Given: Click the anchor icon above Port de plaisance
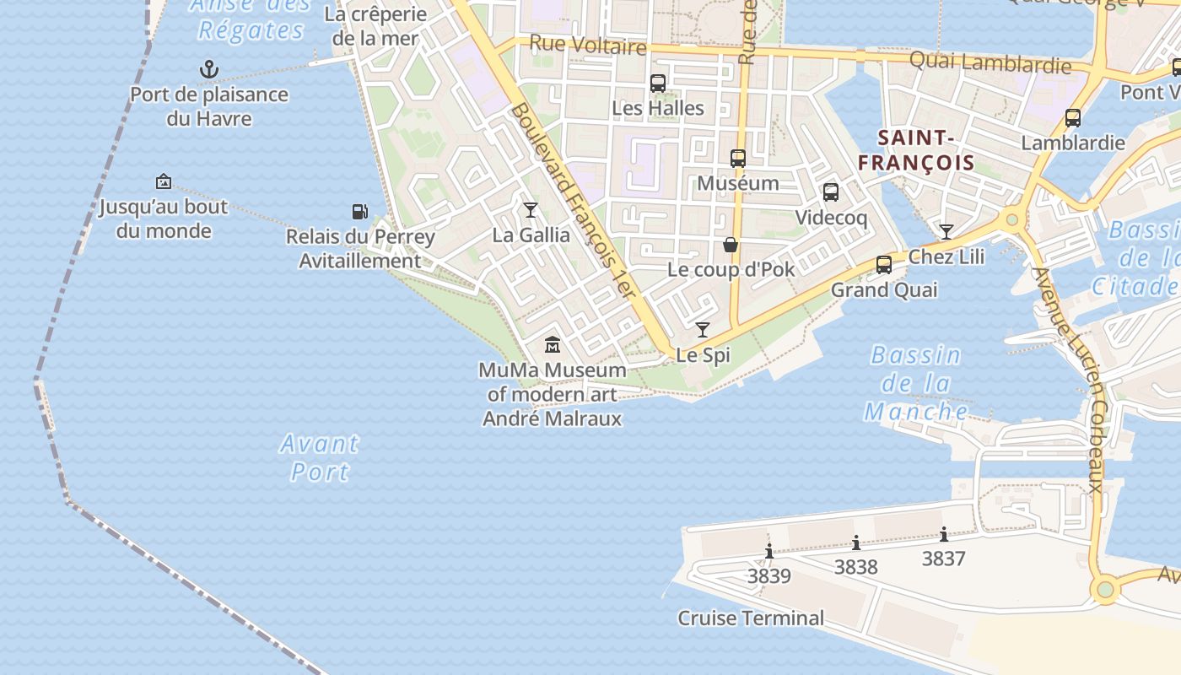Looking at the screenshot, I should coord(208,68).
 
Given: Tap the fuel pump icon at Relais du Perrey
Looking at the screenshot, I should coord(359,211).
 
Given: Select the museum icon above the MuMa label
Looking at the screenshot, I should coord(553,344).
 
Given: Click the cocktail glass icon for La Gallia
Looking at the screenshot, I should coord(531,209).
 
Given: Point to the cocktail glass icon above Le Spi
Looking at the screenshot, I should coord(703,329).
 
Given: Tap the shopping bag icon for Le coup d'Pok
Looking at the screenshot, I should coord(731,245).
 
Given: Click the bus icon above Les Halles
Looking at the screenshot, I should coord(658,84).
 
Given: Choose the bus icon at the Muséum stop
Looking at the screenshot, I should coord(738,158).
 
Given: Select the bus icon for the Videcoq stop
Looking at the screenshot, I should coord(831,192).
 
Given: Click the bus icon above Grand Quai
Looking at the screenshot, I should coord(884,264).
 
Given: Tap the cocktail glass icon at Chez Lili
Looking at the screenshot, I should coord(946,231).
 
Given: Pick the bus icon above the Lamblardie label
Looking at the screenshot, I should coord(1073,118).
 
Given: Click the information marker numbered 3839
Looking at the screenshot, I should coord(769,552).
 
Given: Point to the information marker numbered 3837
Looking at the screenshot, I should coord(943,534).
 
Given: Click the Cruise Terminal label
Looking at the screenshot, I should coord(751,618).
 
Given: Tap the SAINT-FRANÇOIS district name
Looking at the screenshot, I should coord(916,150).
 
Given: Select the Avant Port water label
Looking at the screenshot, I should coord(320,456).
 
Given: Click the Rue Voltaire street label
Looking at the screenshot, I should coord(588,45).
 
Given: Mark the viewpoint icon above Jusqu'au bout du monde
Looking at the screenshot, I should coord(164,181).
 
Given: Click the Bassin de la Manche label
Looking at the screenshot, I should coord(916,383).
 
